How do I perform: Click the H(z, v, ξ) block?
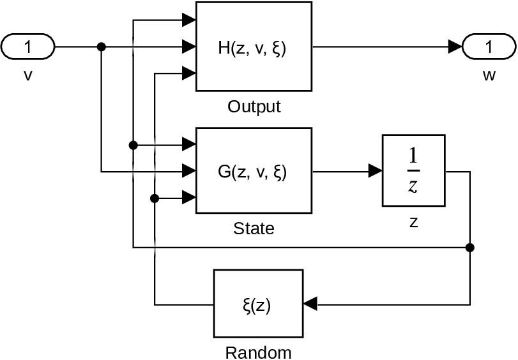pos(254,47)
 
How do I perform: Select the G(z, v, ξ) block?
pos(254,172)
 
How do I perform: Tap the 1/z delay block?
pos(413,171)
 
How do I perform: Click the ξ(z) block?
pos(258,306)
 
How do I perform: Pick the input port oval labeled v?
pos(29,47)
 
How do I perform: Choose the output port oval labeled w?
pos(489,47)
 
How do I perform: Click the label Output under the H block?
pos(254,107)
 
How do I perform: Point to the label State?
pos(254,229)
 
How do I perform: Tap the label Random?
pos(258,352)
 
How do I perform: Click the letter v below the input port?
pos(28,76)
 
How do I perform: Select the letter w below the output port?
pos(489,76)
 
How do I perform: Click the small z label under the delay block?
pos(413,223)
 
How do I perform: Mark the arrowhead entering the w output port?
pos(455,47)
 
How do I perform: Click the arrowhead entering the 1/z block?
pos(376,171)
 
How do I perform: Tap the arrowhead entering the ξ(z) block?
pos(310,306)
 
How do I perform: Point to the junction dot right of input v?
pos(101,47)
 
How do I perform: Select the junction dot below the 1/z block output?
pos(470,247)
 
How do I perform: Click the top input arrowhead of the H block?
pos(189,21)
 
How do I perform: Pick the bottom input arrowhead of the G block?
pos(189,199)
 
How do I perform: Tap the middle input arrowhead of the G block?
pos(189,171)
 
